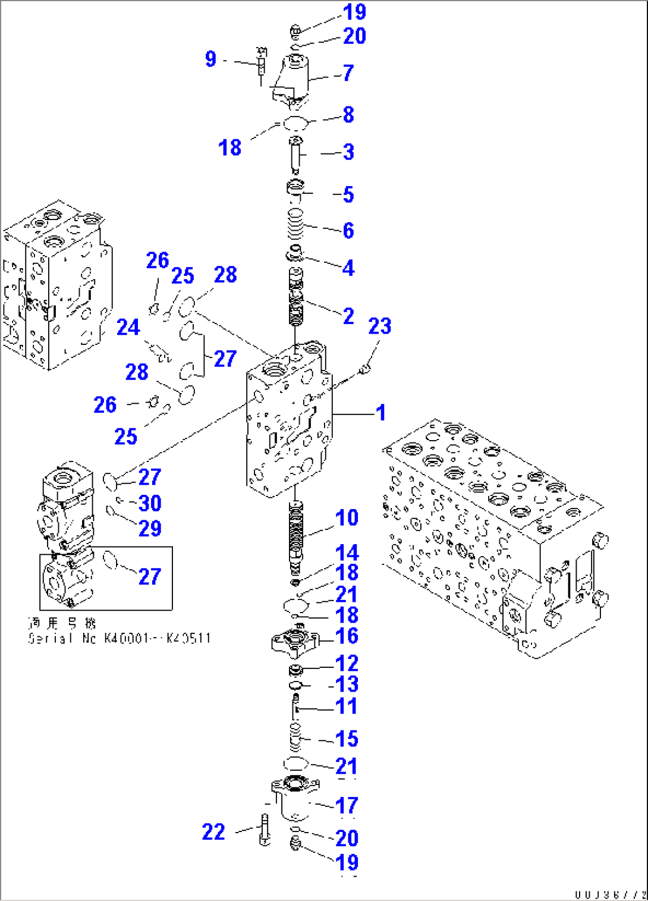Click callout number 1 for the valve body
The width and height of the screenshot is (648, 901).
click(380, 412)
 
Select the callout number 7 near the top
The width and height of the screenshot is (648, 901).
click(348, 73)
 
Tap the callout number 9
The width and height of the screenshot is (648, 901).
click(210, 59)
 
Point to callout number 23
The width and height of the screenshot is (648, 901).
click(379, 326)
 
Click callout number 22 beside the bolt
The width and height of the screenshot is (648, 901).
click(213, 831)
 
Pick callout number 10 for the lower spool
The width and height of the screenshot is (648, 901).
click(347, 517)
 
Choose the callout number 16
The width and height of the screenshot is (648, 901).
click(347, 636)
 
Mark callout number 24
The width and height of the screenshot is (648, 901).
click(128, 327)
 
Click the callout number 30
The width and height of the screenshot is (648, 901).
click(150, 503)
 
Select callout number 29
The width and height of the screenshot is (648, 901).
click(150, 528)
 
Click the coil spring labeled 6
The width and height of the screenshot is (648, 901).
click(296, 225)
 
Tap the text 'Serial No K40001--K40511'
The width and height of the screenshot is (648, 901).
click(119, 638)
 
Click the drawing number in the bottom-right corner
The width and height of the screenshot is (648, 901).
click(610, 894)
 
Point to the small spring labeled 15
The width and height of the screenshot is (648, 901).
click(296, 738)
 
